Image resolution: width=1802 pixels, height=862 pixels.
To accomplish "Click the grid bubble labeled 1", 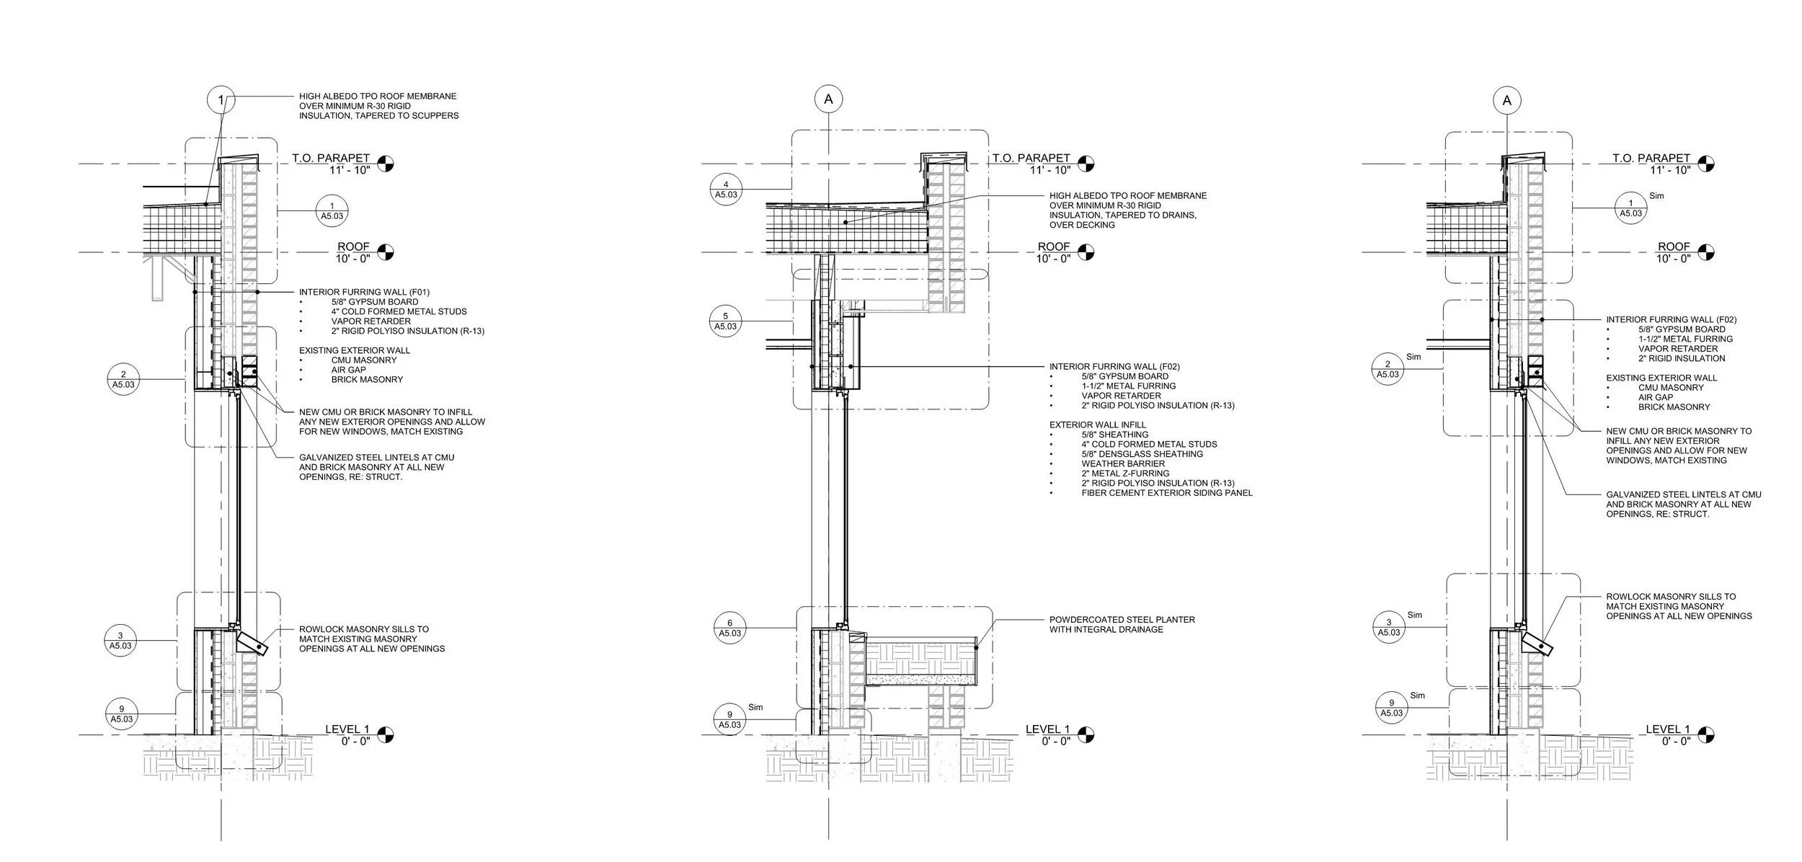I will (221, 100).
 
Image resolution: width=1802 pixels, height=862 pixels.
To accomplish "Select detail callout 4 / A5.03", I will (726, 190).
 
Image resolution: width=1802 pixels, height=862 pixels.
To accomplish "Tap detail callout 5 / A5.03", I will (726, 321).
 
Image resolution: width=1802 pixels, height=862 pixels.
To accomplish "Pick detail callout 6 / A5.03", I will (730, 628).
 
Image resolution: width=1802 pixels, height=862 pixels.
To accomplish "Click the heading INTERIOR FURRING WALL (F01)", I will (364, 292).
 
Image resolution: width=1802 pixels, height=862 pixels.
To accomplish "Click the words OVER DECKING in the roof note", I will (1083, 225).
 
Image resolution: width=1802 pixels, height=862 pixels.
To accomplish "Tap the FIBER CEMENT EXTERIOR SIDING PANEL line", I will (1166, 493).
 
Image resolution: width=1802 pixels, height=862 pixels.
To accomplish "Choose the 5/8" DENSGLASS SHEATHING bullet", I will (1142, 454).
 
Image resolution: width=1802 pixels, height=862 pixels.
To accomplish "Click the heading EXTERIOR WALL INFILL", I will (1097, 425).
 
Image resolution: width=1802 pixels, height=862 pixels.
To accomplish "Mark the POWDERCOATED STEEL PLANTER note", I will (1122, 619).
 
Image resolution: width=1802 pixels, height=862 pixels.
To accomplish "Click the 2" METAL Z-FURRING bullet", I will (1125, 474).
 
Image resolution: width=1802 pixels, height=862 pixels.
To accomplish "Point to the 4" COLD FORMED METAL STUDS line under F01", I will (399, 311).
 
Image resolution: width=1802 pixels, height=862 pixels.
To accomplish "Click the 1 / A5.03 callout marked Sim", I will (1631, 208).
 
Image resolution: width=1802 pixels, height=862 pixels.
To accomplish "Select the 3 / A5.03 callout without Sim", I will (120, 641).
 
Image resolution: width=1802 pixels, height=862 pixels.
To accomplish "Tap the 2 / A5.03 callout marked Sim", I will (1388, 370).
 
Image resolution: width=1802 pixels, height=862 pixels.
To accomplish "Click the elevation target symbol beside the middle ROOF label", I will (1086, 252).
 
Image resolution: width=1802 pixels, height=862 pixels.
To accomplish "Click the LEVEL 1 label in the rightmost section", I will (1668, 729).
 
